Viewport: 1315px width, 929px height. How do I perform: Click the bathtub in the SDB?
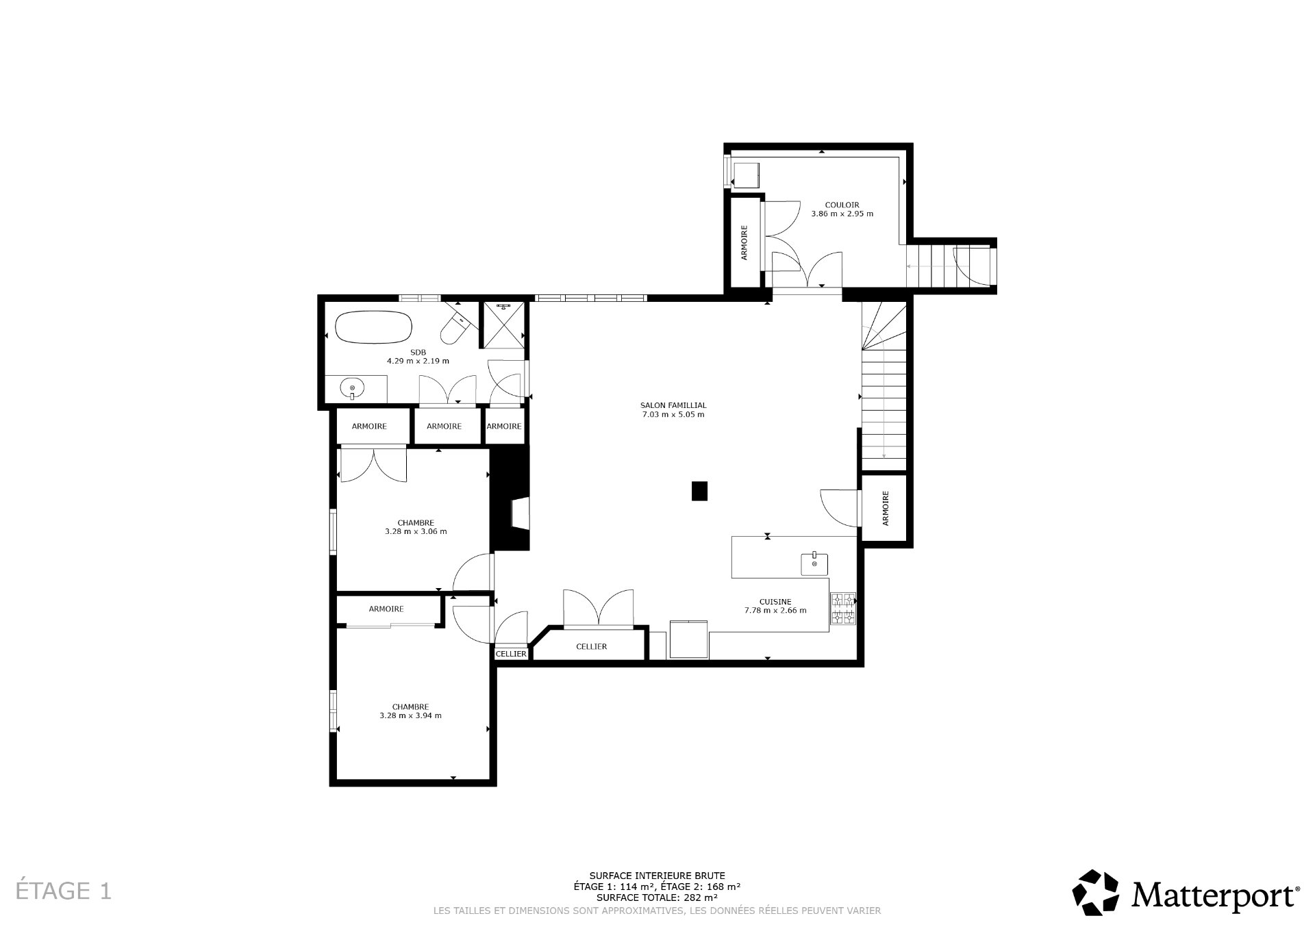pyautogui.click(x=374, y=329)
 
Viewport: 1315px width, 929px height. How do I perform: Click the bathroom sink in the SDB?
pyautogui.click(x=353, y=389)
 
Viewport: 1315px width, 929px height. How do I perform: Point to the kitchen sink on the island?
pyautogui.click(x=814, y=564)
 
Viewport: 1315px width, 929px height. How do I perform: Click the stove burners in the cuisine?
pyautogui.click(x=843, y=609)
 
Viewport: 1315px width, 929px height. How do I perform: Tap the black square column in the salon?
pyautogui.click(x=699, y=491)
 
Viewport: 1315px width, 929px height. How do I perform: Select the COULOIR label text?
pyautogui.click(x=842, y=205)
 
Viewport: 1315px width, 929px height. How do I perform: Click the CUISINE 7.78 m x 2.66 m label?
pyautogui.click(x=775, y=606)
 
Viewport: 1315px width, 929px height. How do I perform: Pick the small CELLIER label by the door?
pyautogui.click(x=512, y=654)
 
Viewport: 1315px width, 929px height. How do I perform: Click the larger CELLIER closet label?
pyautogui.click(x=591, y=646)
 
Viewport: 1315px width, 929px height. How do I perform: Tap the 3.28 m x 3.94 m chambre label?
pyautogui.click(x=410, y=711)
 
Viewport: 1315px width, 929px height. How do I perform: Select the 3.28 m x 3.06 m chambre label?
pyautogui.click(x=416, y=526)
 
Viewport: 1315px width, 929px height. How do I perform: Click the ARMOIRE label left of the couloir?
pyautogui.click(x=744, y=242)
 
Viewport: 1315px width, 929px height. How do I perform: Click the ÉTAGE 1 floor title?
pyautogui.click(x=64, y=891)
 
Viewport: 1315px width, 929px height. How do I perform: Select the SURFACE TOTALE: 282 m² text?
pyautogui.click(x=657, y=897)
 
